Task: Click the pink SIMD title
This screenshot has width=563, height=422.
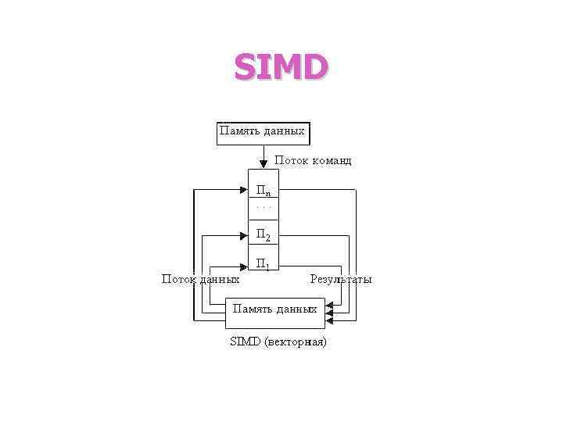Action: pyautogui.click(x=281, y=68)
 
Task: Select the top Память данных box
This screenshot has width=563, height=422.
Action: pyautogui.click(x=263, y=133)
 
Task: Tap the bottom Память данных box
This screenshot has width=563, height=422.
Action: pyautogui.click(x=273, y=313)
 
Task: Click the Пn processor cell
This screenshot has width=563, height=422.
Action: pyautogui.click(x=264, y=190)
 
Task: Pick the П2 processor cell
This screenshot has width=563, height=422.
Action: pyautogui.click(x=264, y=234)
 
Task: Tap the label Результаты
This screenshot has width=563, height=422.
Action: pyautogui.click(x=341, y=279)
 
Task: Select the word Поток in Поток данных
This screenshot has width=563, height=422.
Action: pyautogui.click(x=178, y=279)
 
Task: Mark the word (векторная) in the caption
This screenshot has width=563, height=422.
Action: pyautogui.click(x=296, y=342)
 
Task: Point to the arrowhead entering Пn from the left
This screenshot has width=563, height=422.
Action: pyautogui.click(x=243, y=188)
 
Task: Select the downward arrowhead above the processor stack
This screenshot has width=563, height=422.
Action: pyautogui.click(x=264, y=164)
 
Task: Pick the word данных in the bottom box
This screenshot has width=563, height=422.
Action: pyautogui.click(x=295, y=309)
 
